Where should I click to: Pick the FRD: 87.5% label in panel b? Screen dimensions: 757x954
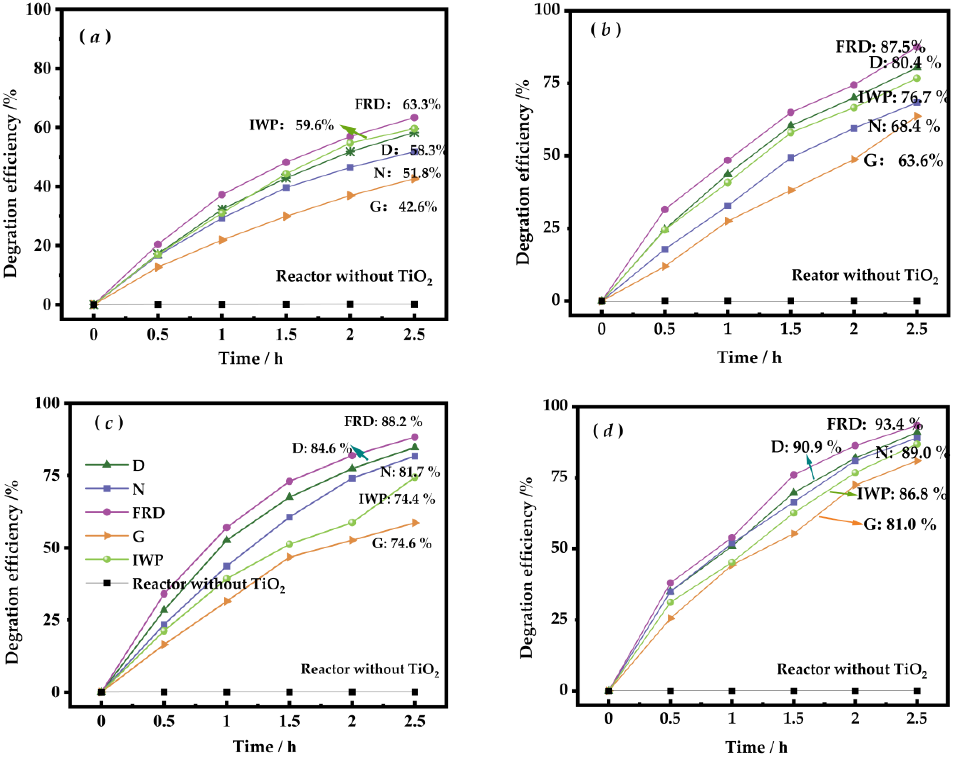coord(880,47)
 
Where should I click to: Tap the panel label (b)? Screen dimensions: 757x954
coord(606,30)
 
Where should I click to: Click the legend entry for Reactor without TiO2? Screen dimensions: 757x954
coord(208,584)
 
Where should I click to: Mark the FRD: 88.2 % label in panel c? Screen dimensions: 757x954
coord(383,421)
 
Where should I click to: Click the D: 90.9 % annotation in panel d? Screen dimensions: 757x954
coord(805,447)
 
